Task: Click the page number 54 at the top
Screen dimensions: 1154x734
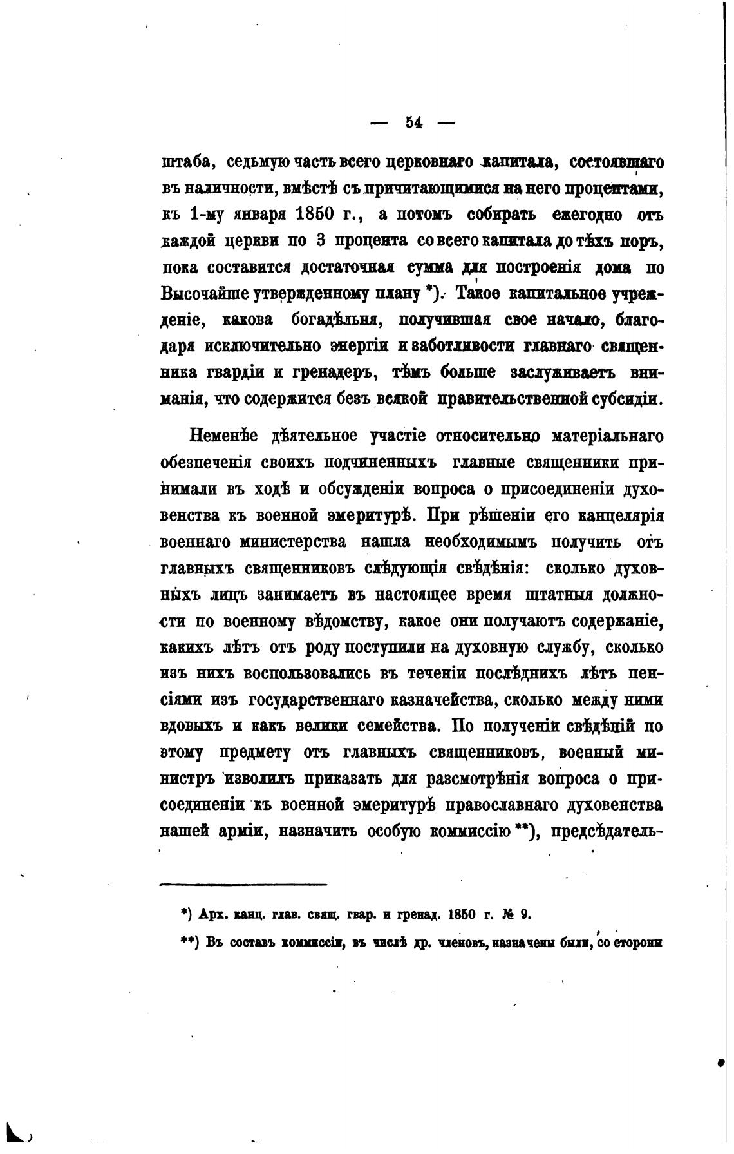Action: (413, 123)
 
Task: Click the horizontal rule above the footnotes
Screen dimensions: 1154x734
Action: (243, 885)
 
